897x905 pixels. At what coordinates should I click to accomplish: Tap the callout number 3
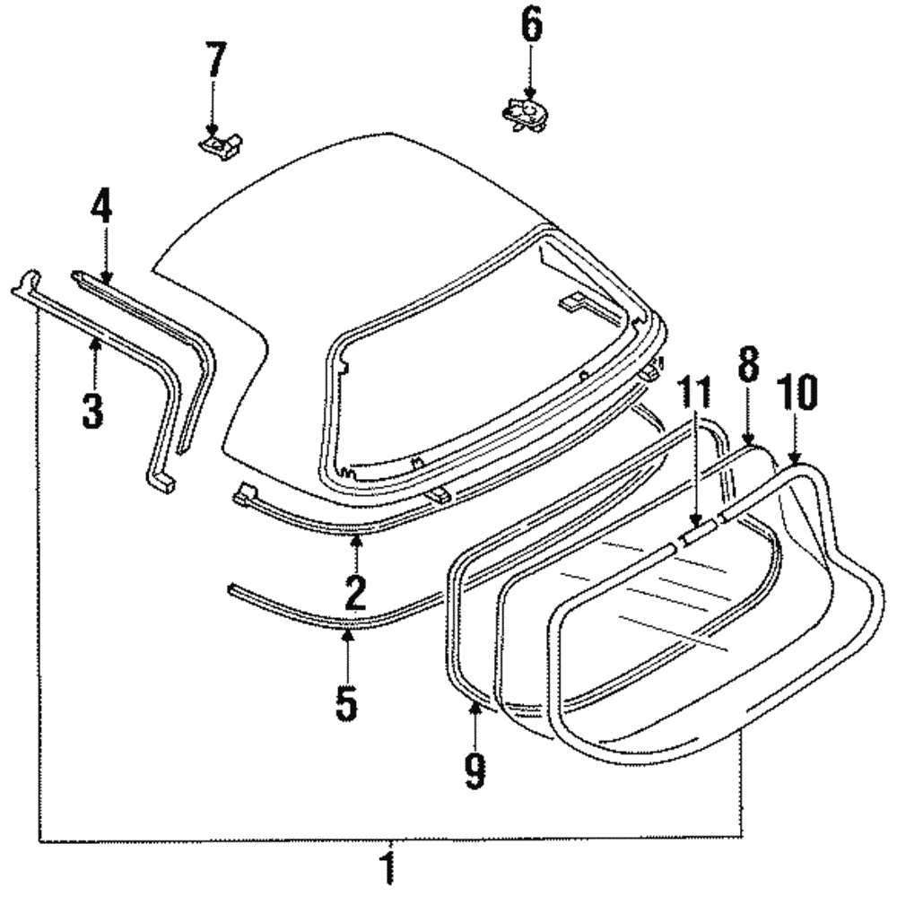[x=92, y=408]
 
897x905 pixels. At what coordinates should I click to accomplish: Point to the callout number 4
[x=101, y=210]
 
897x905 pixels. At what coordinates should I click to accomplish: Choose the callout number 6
[x=531, y=27]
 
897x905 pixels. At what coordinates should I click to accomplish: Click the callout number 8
[x=748, y=364]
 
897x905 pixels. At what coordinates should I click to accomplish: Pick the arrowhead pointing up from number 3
[x=92, y=341]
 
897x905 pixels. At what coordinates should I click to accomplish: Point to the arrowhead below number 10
[x=793, y=460]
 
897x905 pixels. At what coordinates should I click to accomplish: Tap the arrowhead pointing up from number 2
[x=356, y=538]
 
